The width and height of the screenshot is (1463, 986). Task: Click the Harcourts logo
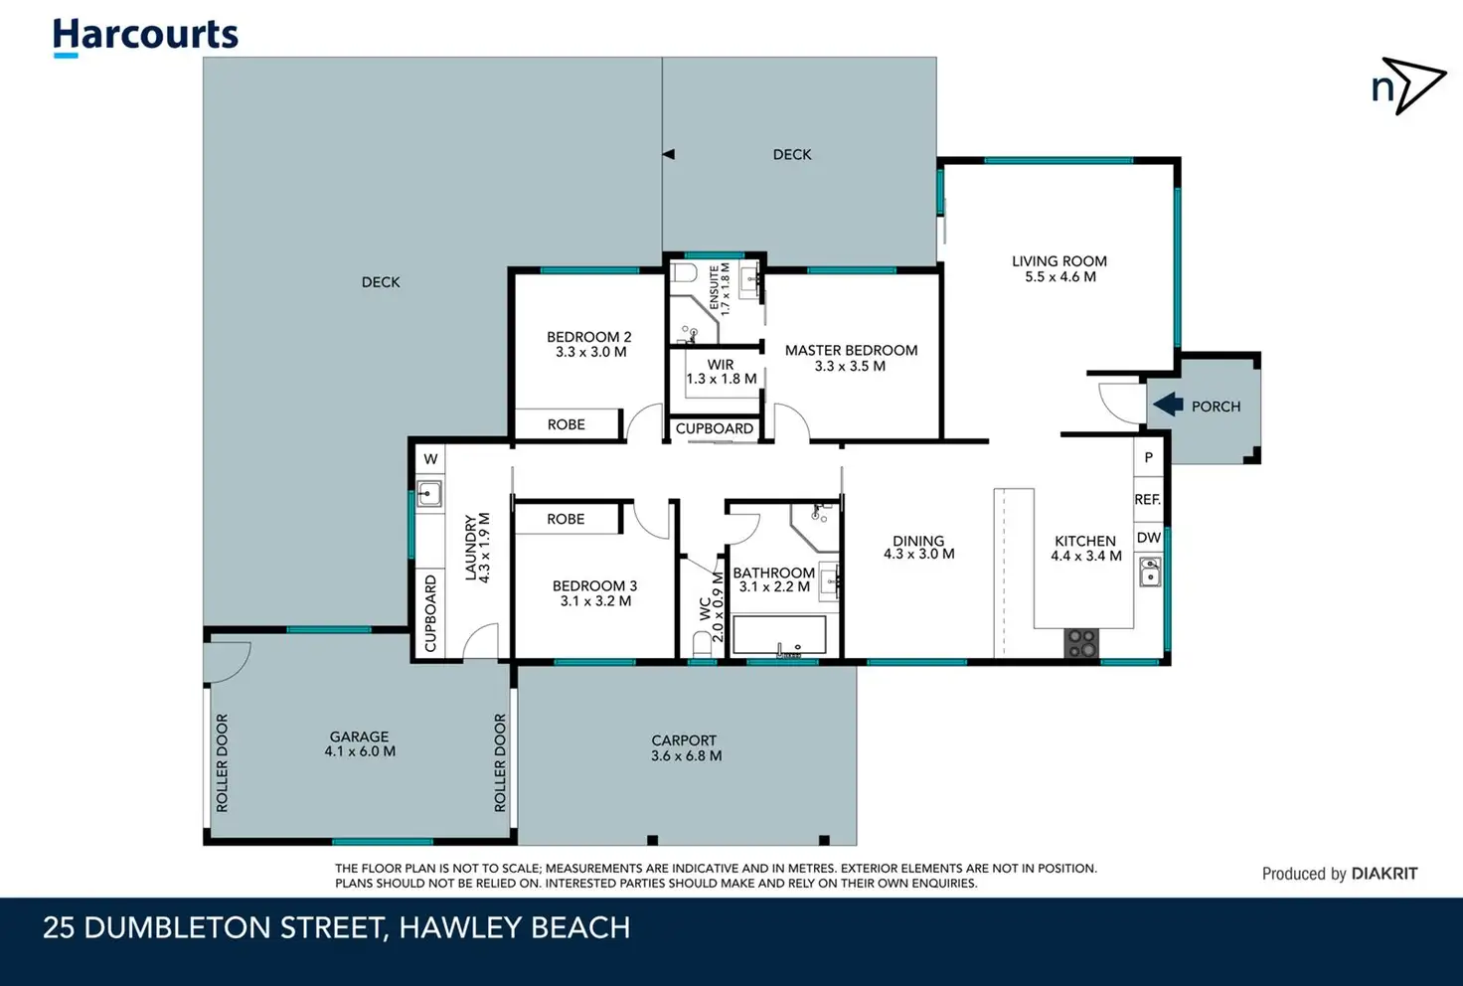(145, 37)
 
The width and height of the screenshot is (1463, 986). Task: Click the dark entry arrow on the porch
(1168, 405)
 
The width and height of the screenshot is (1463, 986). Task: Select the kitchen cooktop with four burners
(1081, 643)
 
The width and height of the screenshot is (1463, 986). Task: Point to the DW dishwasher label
(1149, 538)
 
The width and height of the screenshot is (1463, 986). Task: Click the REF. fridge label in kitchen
(1148, 500)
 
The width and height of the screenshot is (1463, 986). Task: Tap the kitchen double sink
(1150, 572)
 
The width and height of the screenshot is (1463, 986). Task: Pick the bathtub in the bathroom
(779, 635)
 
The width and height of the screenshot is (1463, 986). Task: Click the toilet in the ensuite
(684, 272)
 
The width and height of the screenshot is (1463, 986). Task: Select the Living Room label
(1059, 261)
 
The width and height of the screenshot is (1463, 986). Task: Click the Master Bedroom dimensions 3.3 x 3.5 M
(850, 367)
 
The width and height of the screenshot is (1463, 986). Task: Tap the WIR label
(721, 365)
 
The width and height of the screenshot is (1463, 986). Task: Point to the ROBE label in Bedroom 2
(567, 424)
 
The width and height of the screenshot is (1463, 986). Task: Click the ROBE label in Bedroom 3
(566, 519)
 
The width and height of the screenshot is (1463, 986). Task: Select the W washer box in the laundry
(430, 459)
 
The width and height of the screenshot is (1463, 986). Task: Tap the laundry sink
(429, 494)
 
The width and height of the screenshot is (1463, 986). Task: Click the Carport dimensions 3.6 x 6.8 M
(687, 756)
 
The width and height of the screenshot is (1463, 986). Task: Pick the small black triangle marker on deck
(668, 155)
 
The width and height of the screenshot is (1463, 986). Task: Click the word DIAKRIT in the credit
(1384, 874)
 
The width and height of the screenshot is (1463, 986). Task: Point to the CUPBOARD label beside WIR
(715, 428)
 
